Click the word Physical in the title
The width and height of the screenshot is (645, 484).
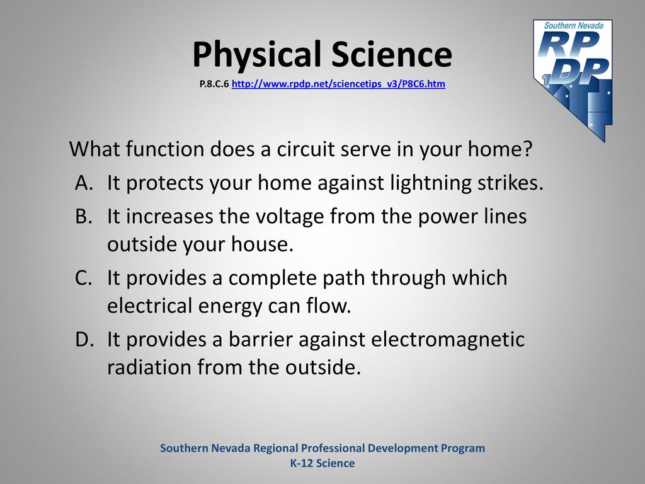point(257,55)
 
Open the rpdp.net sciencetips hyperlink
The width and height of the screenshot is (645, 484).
point(338,84)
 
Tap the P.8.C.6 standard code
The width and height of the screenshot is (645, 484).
point(214,84)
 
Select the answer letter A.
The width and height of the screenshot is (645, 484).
point(84,183)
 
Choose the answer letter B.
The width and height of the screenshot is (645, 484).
point(84,217)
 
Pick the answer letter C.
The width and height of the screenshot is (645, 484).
point(83,278)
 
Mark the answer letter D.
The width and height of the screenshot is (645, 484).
point(84,340)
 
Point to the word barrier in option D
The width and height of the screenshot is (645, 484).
point(260,340)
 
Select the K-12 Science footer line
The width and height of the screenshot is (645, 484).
point(322,463)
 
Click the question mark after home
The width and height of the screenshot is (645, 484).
point(527,149)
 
